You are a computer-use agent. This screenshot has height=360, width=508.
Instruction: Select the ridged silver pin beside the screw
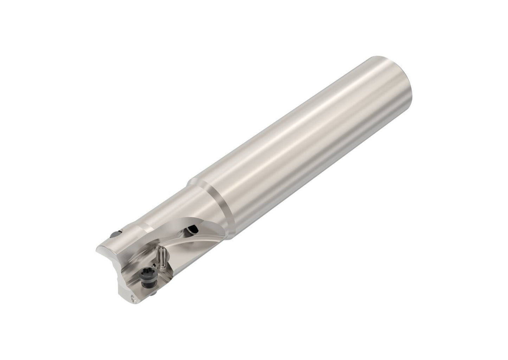click(162, 258)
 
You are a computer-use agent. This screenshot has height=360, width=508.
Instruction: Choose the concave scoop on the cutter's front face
click(116, 262)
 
